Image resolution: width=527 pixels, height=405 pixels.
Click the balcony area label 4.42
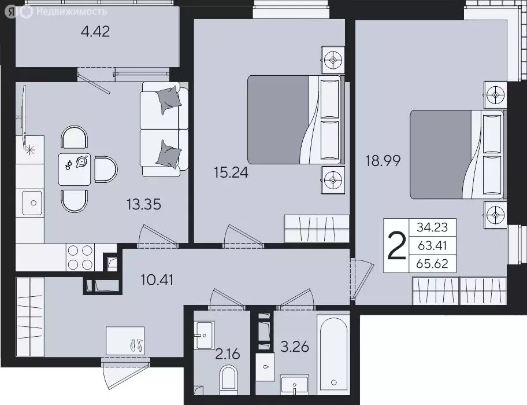(95, 31)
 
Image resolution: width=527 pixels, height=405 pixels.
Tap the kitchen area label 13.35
(144, 204)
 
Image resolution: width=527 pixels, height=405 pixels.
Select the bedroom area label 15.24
(231, 172)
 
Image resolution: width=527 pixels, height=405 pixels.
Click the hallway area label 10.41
(158, 281)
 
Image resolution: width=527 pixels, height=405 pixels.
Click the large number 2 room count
(396, 246)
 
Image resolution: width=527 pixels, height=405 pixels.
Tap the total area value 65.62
(429, 264)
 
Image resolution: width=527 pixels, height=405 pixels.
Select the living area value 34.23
(429, 226)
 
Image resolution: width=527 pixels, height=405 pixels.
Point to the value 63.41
(429, 245)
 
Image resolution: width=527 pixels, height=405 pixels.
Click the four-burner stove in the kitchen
(80, 257)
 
